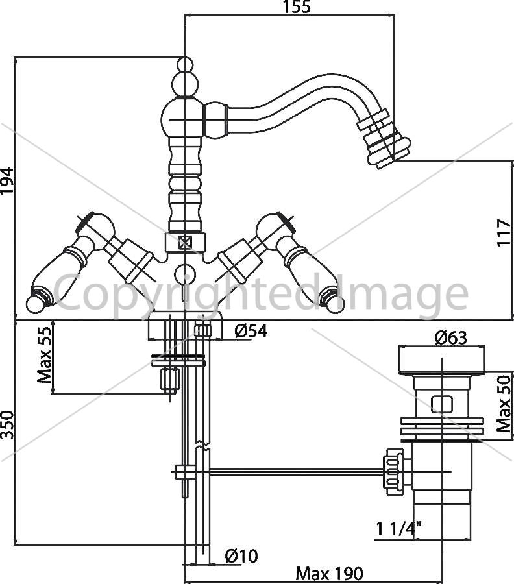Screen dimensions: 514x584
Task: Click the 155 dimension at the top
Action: (297, 6)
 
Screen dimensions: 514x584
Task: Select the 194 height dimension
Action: (6, 180)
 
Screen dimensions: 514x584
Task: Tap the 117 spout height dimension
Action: (504, 232)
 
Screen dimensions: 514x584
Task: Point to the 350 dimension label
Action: (6, 425)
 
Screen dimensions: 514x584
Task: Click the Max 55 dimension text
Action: (44, 355)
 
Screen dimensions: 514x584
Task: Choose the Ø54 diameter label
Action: (251, 331)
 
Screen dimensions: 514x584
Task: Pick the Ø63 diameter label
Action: (450, 338)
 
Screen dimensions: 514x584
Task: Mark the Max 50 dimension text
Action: (504, 404)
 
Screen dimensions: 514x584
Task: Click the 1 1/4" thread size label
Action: (398, 528)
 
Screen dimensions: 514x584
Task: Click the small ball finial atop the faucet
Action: (185, 64)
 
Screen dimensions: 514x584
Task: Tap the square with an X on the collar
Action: (185, 243)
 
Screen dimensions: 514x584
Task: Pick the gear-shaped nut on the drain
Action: (394, 472)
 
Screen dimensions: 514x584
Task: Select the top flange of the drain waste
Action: (442, 360)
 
